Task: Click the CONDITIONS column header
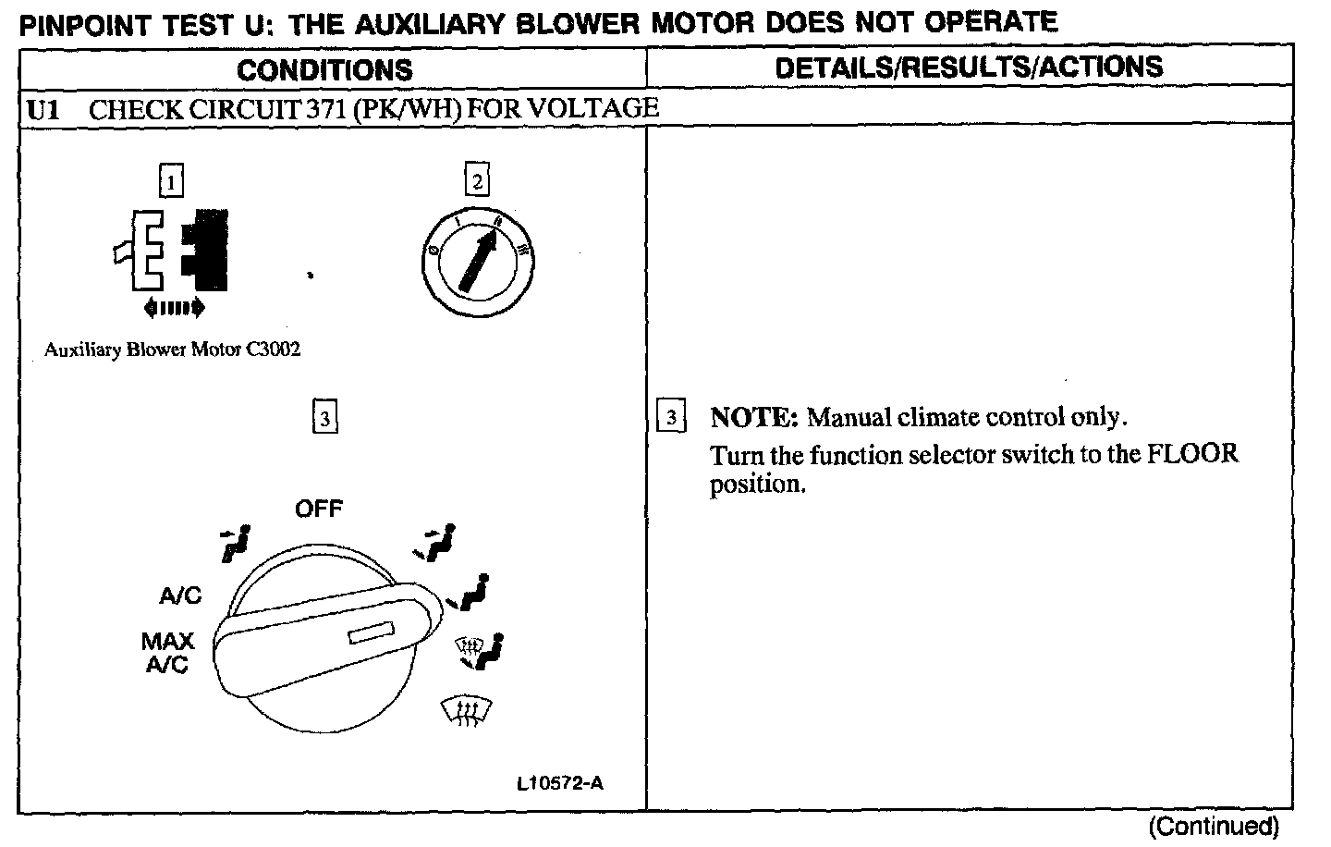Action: pos(324,69)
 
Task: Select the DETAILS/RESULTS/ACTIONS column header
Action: pos(969,67)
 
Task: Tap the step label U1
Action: pos(43,109)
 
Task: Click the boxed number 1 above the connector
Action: pos(172,181)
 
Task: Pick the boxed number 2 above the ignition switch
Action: pos(477,181)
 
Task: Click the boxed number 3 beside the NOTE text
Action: pos(671,417)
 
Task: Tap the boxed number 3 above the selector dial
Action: pos(324,418)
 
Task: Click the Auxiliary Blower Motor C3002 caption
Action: pos(172,350)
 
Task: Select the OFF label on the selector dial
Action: pos(318,509)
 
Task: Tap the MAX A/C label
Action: pos(167,652)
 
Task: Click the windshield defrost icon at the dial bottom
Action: pos(466,710)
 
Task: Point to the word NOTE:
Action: pos(753,417)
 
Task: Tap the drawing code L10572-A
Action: pos(560,783)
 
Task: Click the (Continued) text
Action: pos(1214,826)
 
